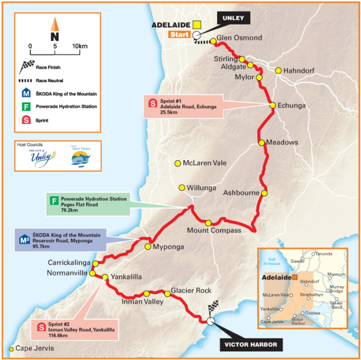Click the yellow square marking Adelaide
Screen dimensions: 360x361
(197, 25)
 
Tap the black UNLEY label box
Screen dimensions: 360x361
(233, 18)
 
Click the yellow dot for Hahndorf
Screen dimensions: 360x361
(278, 70)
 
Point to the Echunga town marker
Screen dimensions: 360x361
(272, 105)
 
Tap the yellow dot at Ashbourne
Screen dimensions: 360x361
(264, 193)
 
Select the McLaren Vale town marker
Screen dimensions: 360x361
(178, 164)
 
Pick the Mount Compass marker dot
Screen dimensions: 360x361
(208, 223)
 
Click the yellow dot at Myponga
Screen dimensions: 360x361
(148, 246)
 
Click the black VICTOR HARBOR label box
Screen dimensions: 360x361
(251, 344)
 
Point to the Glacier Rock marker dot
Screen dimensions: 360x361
(167, 295)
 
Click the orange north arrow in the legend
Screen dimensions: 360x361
(55, 24)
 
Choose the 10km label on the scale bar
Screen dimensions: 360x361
(80, 45)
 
